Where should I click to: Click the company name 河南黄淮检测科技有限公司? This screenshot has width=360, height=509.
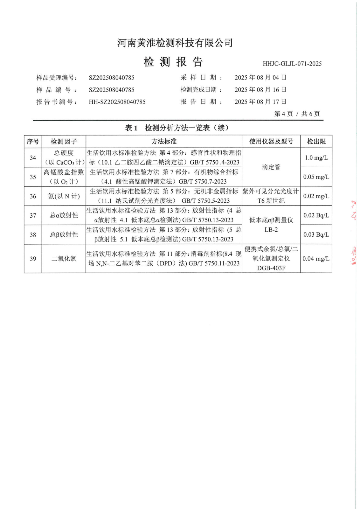tap(175, 43)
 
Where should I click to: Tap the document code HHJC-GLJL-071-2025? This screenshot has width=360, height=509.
tap(292, 64)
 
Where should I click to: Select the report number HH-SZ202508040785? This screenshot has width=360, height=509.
tap(117, 102)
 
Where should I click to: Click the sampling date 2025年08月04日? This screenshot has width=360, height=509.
tap(260, 78)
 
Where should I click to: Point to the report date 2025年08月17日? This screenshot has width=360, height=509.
tap(260, 102)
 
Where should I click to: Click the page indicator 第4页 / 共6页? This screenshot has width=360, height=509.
tap(297, 114)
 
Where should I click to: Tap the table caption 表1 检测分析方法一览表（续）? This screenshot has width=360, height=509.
tap(177, 128)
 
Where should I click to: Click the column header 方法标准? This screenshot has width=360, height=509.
tap(164, 142)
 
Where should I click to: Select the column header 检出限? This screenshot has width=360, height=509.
tap(316, 142)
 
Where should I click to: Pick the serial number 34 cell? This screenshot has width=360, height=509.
tap(33, 158)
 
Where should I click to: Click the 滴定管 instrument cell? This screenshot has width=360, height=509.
tap(271, 167)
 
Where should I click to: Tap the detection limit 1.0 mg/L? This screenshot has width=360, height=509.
tap(316, 158)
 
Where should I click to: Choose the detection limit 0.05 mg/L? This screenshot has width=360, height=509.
tap(316, 177)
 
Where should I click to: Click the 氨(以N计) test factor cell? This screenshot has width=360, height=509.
tap(64, 196)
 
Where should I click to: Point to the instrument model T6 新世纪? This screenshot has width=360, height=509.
tap(271, 201)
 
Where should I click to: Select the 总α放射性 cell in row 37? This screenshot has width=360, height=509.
tap(64, 215)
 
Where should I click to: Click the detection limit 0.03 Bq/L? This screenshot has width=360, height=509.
tap(316, 235)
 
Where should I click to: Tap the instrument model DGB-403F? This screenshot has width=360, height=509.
tap(271, 268)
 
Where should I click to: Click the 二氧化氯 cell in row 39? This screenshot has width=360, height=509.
tap(64, 259)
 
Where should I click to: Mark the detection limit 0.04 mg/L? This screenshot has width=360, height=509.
tap(316, 259)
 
